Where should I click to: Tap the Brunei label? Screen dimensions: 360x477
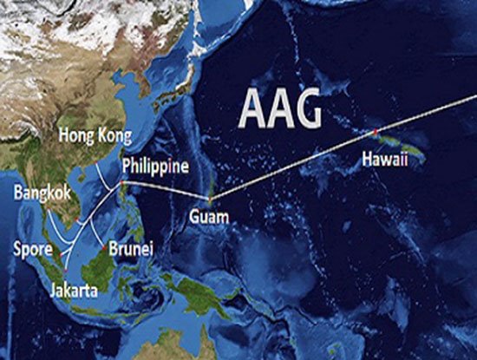click(128, 249)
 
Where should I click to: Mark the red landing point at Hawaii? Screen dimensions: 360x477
click(375, 131)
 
